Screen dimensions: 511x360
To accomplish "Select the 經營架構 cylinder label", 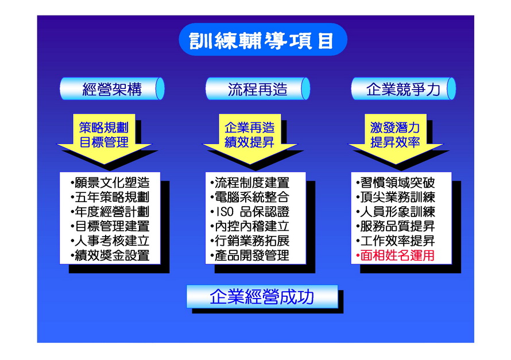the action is pyautogui.click(x=112, y=88).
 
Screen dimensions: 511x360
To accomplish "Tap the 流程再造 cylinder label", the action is pyautogui.click(x=257, y=88).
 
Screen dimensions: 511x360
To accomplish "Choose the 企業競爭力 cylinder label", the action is pyautogui.click(x=403, y=88).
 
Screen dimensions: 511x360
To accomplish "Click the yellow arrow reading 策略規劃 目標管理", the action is pyautogui.click(x=104, y=138).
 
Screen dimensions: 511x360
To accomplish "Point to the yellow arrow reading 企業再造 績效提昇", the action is pyautogui.click(x=250, y=138).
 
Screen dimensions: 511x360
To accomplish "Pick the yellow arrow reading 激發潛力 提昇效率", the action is pyautogui.click(x=396, y=138).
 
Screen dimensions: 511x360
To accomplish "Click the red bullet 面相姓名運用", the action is pyautogui.click(x=396, y=256).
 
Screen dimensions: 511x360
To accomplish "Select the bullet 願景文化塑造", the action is pyautogui.click(x=110, y=183).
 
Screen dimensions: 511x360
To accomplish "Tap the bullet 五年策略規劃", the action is pyautogui.click(x=110, y=197).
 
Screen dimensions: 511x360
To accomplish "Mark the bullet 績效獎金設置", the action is pyautogui.click(x=110, y=256).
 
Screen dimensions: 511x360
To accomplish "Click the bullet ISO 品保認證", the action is pyautogui.click(x=250, y=212).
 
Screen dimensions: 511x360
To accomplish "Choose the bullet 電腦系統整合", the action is pyautogui.click(x=250, y=197).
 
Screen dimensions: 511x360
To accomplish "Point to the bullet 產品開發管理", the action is pyautogui.click(x=250, y=256).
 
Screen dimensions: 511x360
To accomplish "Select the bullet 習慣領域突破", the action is pyautogui.click(x=396, y=183).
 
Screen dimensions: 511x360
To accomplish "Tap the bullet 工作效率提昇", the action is pyautogui.click(x=396, y=241).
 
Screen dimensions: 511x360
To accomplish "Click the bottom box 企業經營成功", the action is pyautogui.click(x=262, y=296).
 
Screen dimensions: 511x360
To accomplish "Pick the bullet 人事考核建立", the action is pyautogui.click(x=110, y=241).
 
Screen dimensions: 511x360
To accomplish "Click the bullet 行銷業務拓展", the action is pyautogui.click(x=250, y=241).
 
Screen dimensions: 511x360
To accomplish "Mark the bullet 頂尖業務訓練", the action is pyautogui.click(x=396, y=197).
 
